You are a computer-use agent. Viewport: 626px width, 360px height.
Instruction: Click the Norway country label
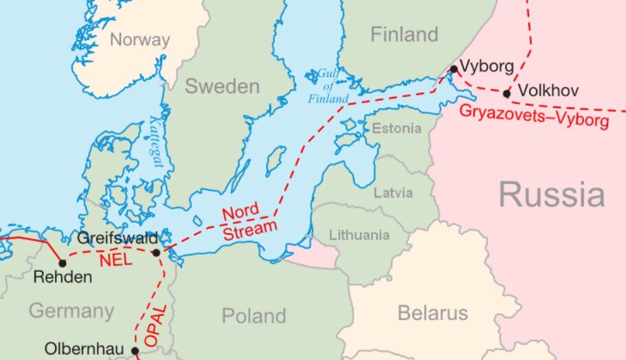tap(139, 40)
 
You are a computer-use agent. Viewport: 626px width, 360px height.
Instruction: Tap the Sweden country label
tap(222, 87)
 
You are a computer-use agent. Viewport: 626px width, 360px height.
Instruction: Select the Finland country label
tap(404, 34)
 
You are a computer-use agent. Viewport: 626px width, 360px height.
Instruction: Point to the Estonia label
tap(396, 128)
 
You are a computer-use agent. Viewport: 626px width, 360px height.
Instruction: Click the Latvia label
tap(393, 192)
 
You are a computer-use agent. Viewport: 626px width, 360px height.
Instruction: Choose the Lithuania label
tap(359, 235)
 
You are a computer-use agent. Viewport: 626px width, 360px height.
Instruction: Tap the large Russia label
tap(552, 194)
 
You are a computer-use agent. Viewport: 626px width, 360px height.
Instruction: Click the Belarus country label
tap(432, 314)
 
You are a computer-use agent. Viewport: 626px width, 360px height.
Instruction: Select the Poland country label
tap(254, 316)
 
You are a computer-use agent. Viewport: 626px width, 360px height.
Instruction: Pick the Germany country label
tap(71, 311)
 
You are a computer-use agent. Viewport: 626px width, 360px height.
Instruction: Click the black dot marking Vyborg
tap(454, 69)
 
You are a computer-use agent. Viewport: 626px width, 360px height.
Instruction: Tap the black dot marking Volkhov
tap(506, 93)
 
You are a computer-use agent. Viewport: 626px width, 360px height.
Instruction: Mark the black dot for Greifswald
tap(156, 253)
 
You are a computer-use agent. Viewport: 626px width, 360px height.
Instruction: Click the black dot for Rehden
tap(63, 262)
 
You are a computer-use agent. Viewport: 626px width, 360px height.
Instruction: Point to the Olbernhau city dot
tap(135, 351)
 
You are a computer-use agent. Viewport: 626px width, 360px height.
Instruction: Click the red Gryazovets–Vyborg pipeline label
tap(533, 116)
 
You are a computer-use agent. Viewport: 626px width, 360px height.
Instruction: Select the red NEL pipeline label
tap(115, 260)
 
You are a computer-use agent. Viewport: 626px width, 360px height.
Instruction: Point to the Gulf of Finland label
tap(328, 86)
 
